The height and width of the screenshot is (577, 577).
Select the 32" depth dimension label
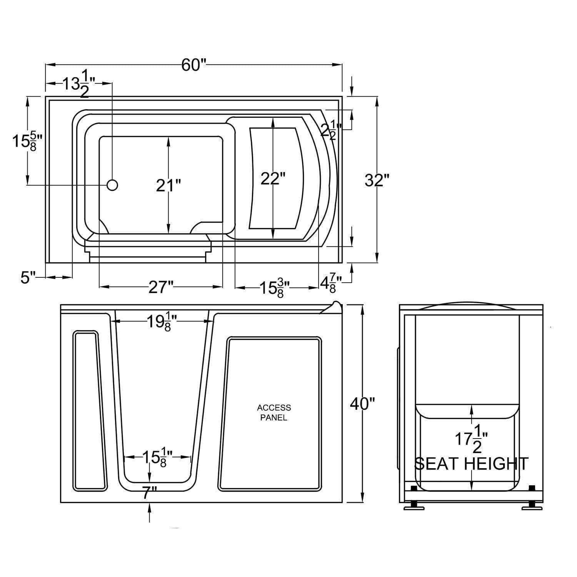pos(377,180)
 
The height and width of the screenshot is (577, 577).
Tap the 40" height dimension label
pos(362,404)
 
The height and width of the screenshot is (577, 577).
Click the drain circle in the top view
pos(112,185)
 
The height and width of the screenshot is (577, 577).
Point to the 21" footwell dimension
pos(168,186)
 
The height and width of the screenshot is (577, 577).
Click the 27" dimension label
pos(161,287)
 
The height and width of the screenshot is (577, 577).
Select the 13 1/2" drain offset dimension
pos(79,84)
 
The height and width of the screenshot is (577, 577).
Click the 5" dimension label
pos(28,277)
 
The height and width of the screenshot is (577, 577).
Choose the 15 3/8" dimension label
pos(274,288)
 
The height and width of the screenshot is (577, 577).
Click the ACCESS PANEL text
pos(274,412)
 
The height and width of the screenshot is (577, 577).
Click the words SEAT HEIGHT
pos(471,464)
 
